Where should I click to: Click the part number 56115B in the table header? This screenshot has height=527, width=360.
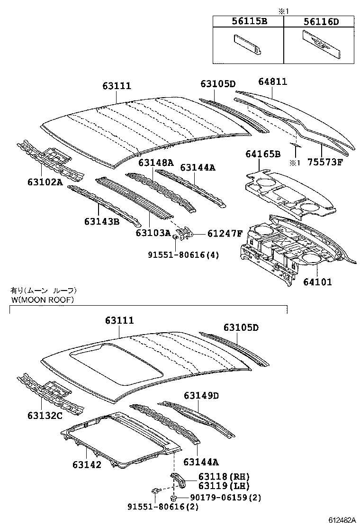[x=248, y=21]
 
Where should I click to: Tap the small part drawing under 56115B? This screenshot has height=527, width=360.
[x=248, y=45]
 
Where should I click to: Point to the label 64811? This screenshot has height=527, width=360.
[x=272, y=82]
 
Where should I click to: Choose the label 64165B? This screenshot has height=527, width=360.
[x=263, y=154]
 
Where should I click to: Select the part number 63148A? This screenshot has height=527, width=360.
[x=156, y=163]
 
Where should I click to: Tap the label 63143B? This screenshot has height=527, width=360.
[x=102, y=221]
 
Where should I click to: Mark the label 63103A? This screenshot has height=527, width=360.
[x=153, y=233]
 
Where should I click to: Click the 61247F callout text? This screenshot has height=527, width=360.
[x=225, y=233]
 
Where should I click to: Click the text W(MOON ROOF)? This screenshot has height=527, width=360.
[x=42, y=300]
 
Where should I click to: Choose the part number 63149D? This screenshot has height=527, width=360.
[x=201, y=395]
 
